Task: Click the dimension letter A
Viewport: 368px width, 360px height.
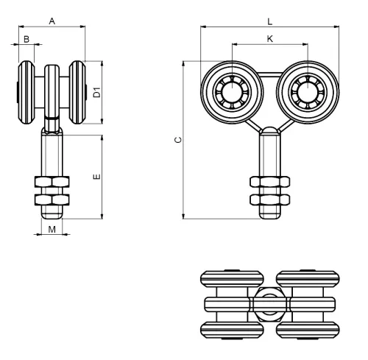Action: [x=52, y=21]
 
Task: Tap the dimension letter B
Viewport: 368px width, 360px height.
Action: [x=26, y=39]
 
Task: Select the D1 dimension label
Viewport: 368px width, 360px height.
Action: [x=97, y=92]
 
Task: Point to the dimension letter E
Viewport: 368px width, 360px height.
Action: [x=97, y=177]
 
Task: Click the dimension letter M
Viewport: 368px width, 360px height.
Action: [x=52, y=230]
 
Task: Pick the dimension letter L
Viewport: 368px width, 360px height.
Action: [x=270, y=22]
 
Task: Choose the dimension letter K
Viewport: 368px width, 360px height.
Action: [x=270, y=39]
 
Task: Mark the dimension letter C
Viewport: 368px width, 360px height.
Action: [x=178, y=140]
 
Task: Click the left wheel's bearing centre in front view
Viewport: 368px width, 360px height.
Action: [x=232, y=92]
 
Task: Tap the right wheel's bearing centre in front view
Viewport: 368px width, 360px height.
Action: [x=308, y=92]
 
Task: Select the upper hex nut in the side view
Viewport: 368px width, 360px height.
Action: [x=52, y=182]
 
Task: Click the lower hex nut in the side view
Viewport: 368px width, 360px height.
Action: [x=52, y=200]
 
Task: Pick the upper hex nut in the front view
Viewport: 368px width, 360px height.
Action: [x=270, y=182]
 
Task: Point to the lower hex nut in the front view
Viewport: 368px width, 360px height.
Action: [x=270, y=200]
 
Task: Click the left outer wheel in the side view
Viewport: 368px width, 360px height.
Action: [x=26, y=92]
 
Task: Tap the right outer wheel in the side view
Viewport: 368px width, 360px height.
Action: [x=77, y=92]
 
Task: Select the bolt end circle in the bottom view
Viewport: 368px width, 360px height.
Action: [x=270, y=304]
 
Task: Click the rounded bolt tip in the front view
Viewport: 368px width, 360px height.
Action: [x=270, y=216]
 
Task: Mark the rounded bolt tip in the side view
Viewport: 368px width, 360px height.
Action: [x=52, y=216]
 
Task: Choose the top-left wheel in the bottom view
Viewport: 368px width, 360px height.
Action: [x=232, y=279]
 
